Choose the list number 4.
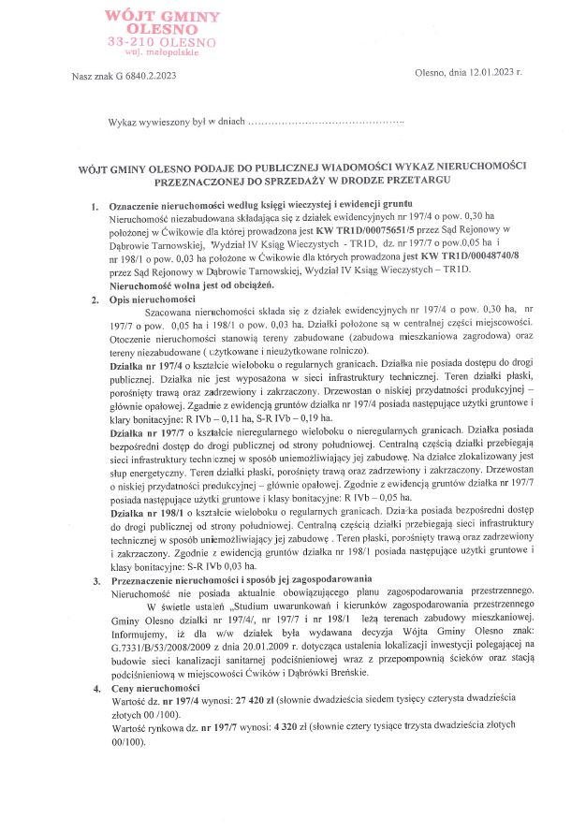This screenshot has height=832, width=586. tap(95, 688)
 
